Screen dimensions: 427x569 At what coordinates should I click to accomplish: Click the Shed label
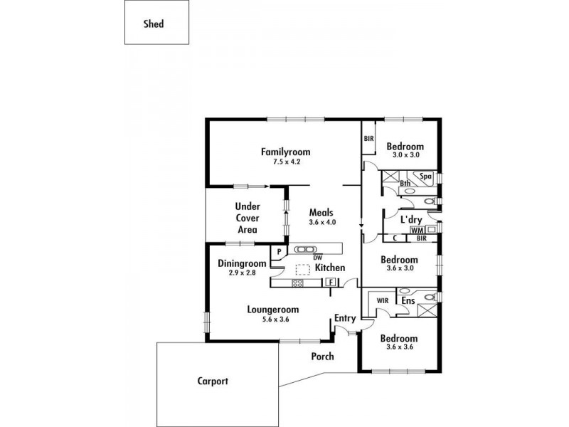(x=153, y=23)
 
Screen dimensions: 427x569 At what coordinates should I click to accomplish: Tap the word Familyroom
(x=285, y=152)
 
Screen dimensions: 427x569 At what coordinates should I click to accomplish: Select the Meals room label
(x=321, y=212)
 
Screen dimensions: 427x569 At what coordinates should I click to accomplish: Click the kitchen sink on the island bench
(x=306, y=249)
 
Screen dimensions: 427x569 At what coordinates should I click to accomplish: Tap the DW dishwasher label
(x=317, y=258)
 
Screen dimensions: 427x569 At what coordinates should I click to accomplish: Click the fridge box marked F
(x=331, y=283)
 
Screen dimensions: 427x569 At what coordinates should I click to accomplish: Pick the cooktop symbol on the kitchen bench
(x=298, y=283)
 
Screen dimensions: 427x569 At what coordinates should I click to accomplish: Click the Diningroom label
(x=242, y=263)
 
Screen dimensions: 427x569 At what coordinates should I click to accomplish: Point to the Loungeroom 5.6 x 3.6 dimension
(x=272, y=320)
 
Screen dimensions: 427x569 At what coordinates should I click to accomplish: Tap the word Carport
(x=213, y=381)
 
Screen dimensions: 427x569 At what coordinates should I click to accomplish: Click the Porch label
(x=322, y=357)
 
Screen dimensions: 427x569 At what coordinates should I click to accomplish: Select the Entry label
(x=346, y=318)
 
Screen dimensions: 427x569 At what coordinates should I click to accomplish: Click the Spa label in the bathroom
(x=425, y=176)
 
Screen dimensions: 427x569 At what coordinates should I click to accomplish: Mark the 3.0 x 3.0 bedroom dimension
(x=405, y=154)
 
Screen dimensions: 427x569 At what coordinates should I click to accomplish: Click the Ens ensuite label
(x=408, y=302)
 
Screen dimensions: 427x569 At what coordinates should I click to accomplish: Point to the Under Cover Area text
(x=247, y=218)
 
